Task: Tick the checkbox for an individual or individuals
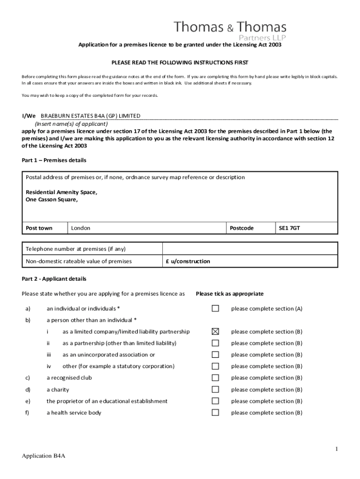215,308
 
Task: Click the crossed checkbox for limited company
215,332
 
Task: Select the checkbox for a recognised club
215,378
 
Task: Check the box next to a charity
215,390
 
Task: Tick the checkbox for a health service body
215,413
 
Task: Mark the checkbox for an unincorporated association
215,355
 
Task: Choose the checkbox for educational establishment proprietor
215,401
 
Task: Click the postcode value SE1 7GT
289,228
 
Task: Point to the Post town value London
80,228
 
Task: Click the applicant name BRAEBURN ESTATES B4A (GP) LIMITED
90,116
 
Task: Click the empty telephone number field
250,249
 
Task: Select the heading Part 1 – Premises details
54,160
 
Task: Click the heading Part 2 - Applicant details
54,279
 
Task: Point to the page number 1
336,449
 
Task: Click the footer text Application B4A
43,457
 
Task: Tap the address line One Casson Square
51,199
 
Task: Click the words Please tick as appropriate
230,294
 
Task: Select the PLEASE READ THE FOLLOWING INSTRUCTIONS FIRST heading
180,62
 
